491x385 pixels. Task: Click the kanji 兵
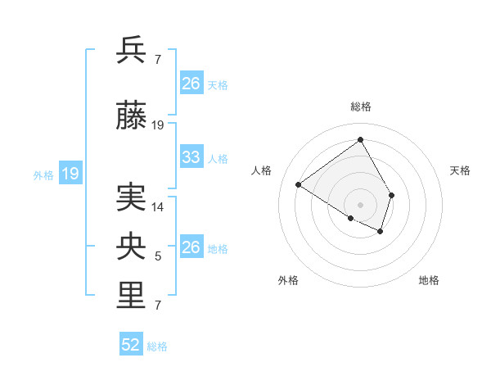[x=132, y=51]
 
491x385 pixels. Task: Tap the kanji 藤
[x=132, y=117]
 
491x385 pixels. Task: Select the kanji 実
[x=132, y=199]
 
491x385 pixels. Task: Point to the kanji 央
[x=132, y=248]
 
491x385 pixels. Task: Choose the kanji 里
[x=132, y=297]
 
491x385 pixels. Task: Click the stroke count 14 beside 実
[x=158, y=207]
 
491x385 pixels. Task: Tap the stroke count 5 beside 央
[x=158, y=256]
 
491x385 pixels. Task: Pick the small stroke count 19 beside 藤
[x=158, y=125]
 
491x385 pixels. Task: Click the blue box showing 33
[x=191, y=157]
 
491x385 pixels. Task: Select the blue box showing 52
[x=131, y=346]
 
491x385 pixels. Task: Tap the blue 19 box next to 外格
[x=70, y=174]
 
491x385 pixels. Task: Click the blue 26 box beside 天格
[x=191, y=84]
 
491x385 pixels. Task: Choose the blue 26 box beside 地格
[x=191, y=247]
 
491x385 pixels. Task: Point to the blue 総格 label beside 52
[x=157, y=346]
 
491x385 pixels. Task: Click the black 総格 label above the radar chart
[x=360, y=106]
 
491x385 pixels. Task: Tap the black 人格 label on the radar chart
[x=262, y=170]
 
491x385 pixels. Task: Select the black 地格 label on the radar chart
[x=429, y=280]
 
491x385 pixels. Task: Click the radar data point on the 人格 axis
[x=299, y=185]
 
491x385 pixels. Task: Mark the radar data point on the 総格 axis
[x=360, y=139]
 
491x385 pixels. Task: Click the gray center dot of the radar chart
[x=360, y=204]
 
